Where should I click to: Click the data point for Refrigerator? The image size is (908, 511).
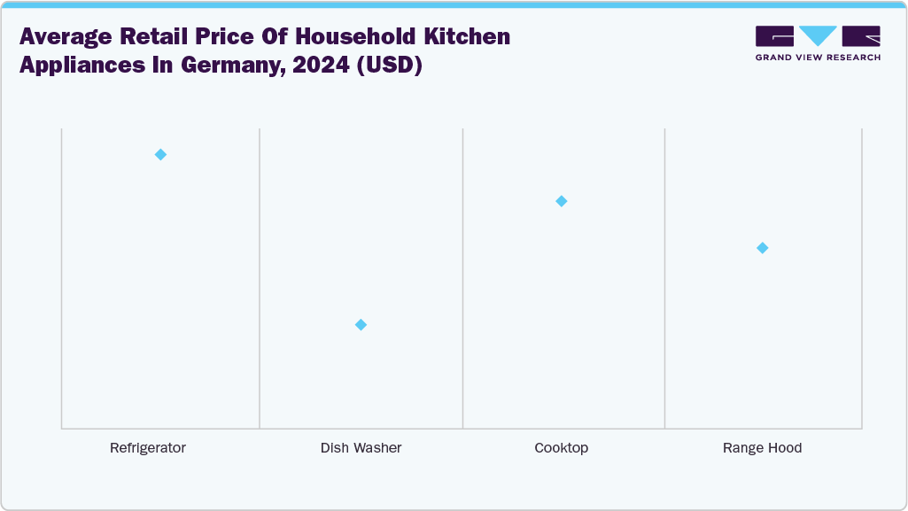160,154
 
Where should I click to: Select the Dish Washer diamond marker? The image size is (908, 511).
361,325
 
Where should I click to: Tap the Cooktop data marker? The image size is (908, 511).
561,201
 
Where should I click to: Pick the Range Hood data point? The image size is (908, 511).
762,248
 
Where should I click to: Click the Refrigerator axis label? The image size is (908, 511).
148,448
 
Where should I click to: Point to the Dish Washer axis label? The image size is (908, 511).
361,448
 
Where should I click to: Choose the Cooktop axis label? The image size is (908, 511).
561,448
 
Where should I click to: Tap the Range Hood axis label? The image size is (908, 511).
762,448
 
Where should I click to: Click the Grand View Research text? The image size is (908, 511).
818,58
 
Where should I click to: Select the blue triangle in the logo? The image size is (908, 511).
818,35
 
